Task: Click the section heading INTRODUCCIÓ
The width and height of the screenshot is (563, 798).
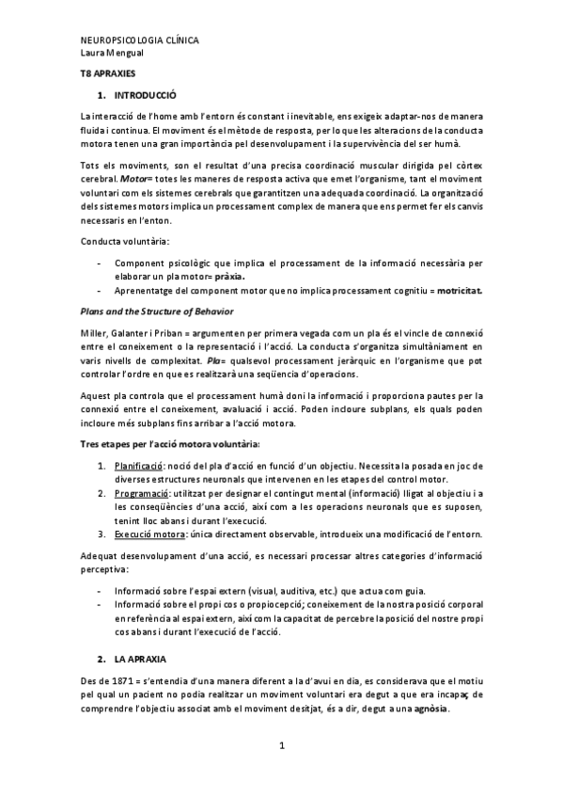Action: (145, 95)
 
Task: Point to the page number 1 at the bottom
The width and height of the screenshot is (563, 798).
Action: (281, 746)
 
